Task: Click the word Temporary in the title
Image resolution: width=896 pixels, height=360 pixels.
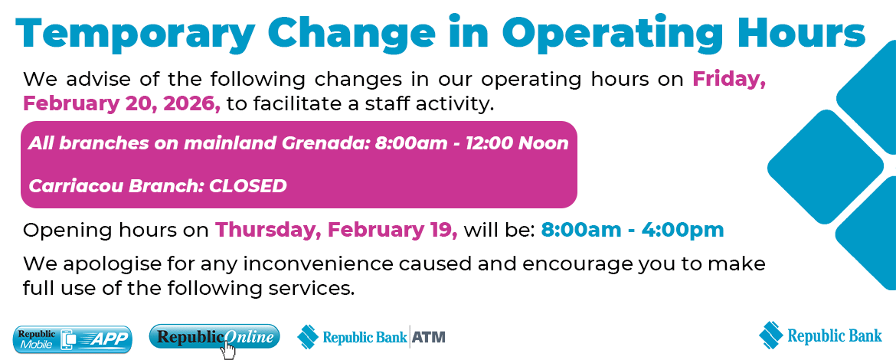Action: (135, 34)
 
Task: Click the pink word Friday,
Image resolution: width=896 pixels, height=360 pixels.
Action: (729, 80)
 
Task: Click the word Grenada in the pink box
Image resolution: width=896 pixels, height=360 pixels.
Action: (325, 142)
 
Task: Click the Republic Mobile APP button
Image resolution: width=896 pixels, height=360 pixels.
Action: (74, 339)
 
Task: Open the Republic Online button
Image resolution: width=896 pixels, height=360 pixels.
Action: (214, 337)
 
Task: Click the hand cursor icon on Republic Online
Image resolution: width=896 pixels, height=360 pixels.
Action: (228, 350)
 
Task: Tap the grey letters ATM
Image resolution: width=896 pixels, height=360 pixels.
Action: (429, 336)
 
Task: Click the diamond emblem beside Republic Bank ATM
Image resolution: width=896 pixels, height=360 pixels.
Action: (307, 336)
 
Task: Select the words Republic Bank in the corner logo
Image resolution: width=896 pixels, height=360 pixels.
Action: (834, 335)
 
